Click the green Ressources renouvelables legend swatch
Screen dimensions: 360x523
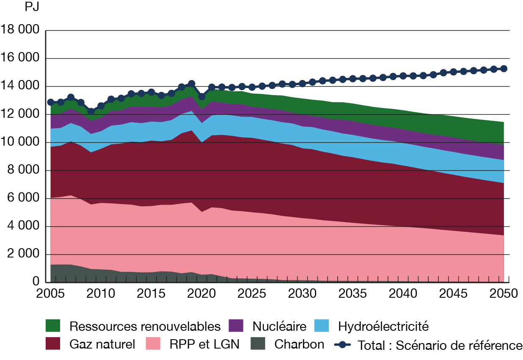pyautogui.click(x=53, y=326)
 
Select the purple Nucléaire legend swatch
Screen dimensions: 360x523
pyautogui.click(x=236, y=326)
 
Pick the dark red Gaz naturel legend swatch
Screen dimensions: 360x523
pyautogui.click(x=53, y=343)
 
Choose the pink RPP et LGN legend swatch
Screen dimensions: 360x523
pyautogui.click(x=153, y=343)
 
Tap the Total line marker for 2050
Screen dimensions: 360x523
pyautogui.click(x=504, y=69)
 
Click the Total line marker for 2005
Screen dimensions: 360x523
pyautogui.click(x=50, y=102)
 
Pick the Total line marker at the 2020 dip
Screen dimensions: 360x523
pyautogui.click(x=202, y=97)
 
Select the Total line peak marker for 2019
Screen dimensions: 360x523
pyautogui.click(x=192, y=83)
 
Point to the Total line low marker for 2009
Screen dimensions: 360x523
pyautogui.click(x=91, y=111)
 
